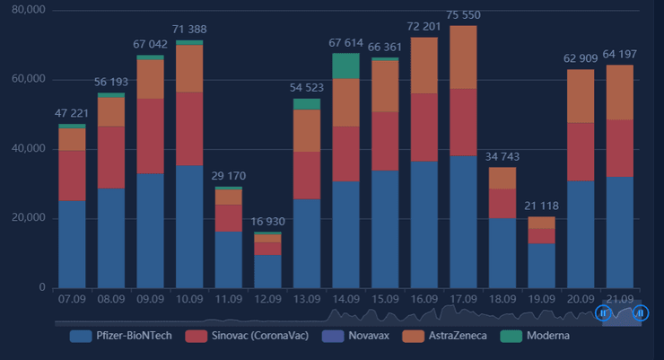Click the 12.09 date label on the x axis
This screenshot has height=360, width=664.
pyautogui.click(x=267, y=297)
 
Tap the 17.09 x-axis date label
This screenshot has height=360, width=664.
pyautogui.click(x=463, y=297)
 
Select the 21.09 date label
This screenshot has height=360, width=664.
pyautogui.click(x=619, y=297)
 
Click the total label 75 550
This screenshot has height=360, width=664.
pyautogui.click(x=463, y=15)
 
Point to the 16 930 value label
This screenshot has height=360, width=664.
pyautogui.click(x=267, y=221)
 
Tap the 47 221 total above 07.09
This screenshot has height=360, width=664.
pyautogui.click(x=73, y=114)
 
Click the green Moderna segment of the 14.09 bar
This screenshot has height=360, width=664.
pyautogui.click(x=345, y=66)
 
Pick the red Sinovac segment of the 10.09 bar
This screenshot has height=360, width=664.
pyautogui.click(x=189, y=128)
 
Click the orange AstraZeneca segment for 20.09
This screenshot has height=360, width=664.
pyautogui.click(x=580, y=96)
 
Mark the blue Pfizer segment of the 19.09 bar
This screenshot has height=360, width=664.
pyautogui.click(x=540, y=265)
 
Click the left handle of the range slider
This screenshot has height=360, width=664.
pyautogui.click(x=603, y=312)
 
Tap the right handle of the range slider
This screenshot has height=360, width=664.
pyautogui.click(x=640, y=312)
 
